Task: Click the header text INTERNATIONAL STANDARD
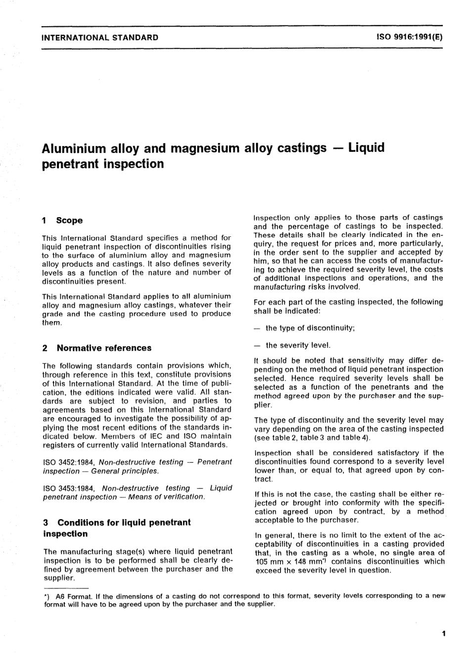click(100, 37)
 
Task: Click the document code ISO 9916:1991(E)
click(410, 37)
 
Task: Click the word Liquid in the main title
click(366, 147)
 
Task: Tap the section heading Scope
click(69, 221)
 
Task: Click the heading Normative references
click(104, 348)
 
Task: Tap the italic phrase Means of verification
click(166, 497)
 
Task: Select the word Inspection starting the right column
click(272, 217)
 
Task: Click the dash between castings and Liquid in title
click(337, 147)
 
